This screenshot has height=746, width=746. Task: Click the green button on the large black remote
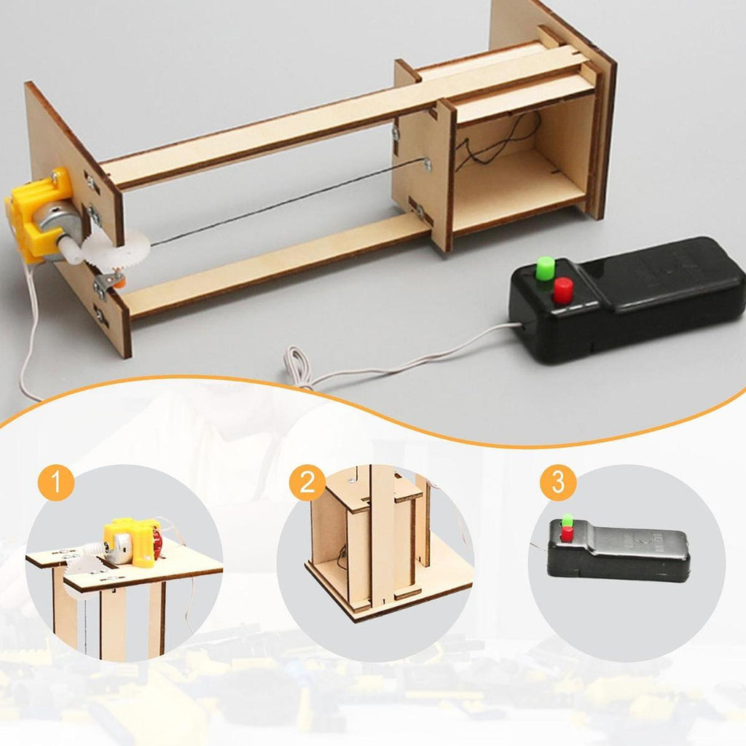tap(545, 268)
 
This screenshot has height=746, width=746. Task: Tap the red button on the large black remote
tap(563, 290)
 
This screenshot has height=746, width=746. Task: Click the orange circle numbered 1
tap(56, 483)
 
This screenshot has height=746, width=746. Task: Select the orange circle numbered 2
tap(307, 482)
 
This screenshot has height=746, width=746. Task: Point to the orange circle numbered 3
tap(558, 482)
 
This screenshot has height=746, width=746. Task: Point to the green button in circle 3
tap(567, 520)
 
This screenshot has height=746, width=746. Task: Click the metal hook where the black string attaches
tap(427, 165)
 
